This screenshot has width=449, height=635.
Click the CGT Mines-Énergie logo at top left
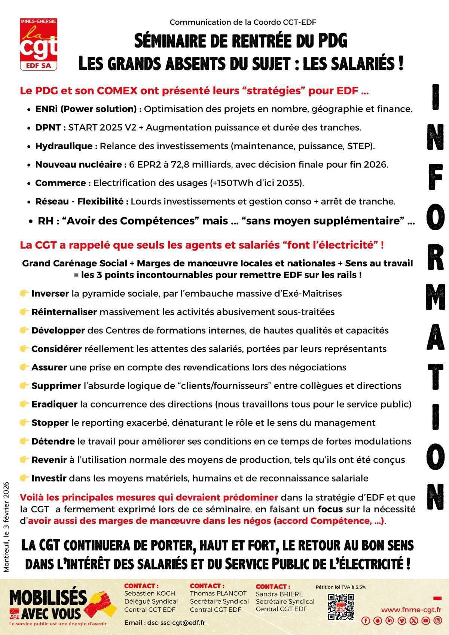tap(39, 44)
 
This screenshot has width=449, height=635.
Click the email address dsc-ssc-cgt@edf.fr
tap(176, 623)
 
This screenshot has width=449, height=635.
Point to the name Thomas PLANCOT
tap(218, 593)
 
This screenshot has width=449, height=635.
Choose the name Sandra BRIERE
tap(279, 594)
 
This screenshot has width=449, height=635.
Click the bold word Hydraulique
tap(64, 146)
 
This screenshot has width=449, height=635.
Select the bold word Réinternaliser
tap(64, 312)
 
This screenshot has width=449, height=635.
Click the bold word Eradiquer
tap(54, 404)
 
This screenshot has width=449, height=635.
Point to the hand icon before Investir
tap(24, 478)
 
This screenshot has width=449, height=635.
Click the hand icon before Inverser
tap(24, 293)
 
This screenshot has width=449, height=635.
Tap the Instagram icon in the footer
tap(437, 621)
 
